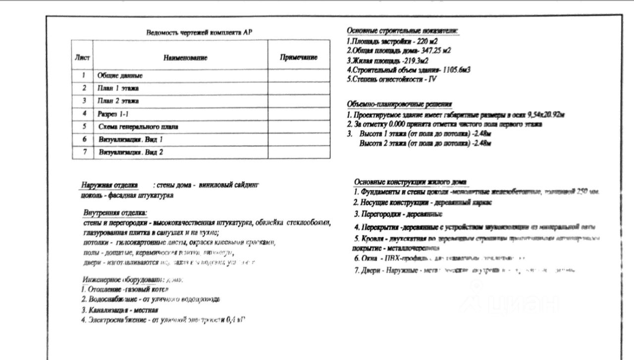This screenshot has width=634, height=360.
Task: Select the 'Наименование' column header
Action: click(x=185, y=58)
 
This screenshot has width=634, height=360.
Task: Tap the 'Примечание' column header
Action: click(x=299, y=57)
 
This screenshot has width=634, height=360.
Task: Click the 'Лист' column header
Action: click(x=82, y=57)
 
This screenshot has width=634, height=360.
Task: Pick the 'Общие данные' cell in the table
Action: click(x=120, y=76)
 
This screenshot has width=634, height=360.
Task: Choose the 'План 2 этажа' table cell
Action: click(x=118, y=101)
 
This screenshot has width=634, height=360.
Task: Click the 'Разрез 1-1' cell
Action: click(x=113, y=114)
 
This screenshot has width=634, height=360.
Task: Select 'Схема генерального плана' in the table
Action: click(x=138, y=127)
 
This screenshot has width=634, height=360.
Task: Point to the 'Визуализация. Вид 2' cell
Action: click(x=131, y=153)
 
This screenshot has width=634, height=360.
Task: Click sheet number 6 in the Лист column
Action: click(x=84, y=140)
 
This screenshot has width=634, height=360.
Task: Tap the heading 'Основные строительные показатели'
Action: click(x=402, y=31)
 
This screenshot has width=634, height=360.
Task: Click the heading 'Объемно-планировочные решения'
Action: click(x=399, y=104)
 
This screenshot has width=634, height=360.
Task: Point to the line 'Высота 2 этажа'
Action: click(x=424, y=144)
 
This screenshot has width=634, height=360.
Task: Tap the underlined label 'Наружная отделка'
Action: click(x=109, y=185)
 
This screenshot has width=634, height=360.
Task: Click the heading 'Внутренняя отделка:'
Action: click(x=115, y=213)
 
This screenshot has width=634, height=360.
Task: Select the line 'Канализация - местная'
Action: click(x=120, y=310)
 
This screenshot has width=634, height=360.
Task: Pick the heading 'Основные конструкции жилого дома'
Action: click(x=411, y=182)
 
